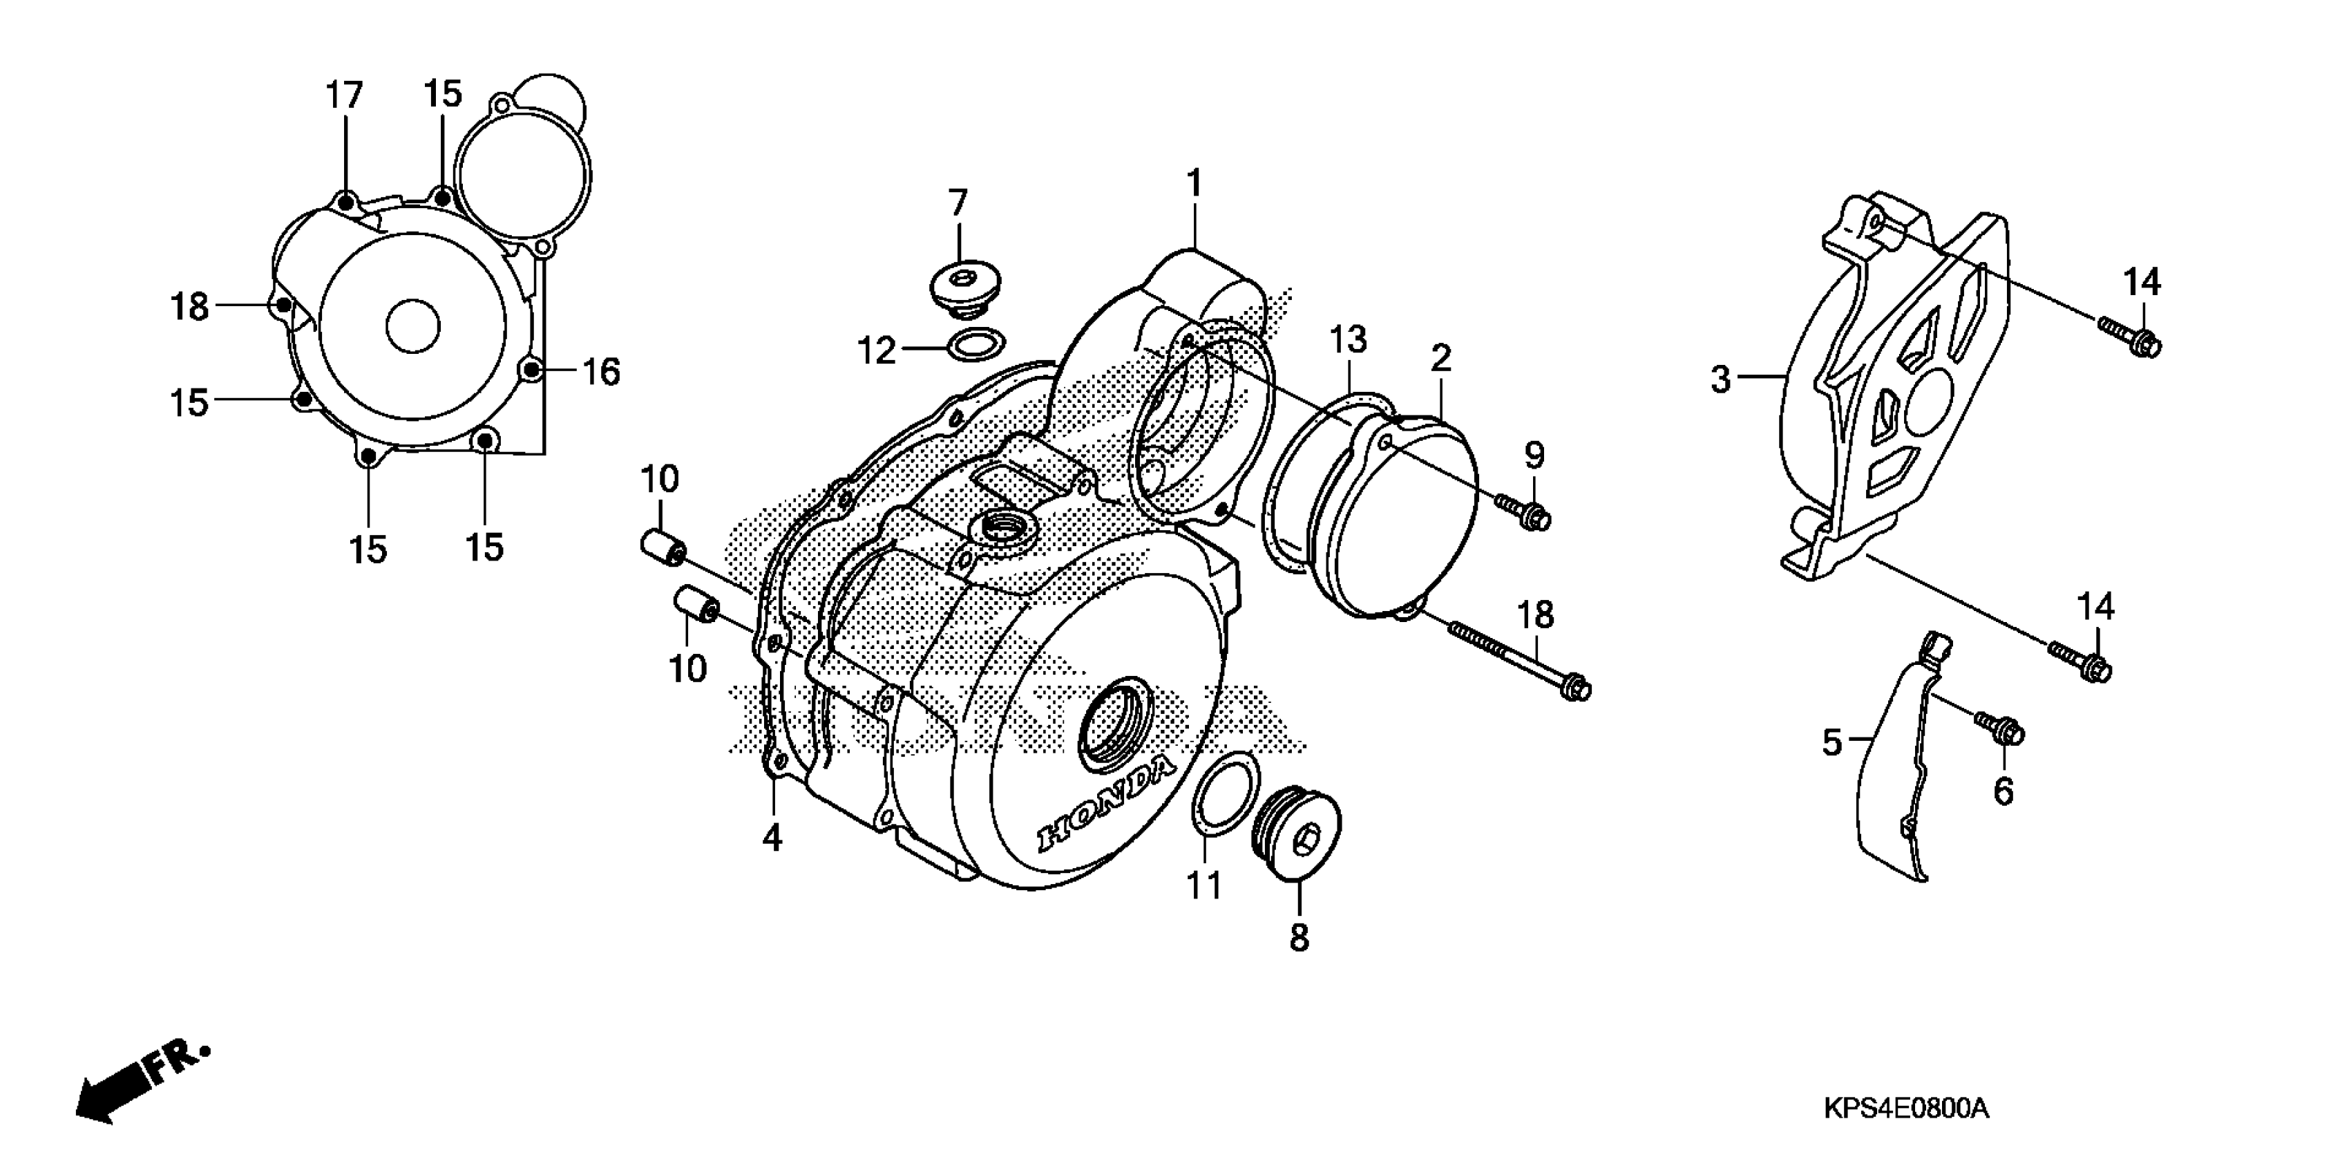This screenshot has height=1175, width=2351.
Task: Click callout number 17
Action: click(345, 94)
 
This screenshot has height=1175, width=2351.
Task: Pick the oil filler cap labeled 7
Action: click(964, 285)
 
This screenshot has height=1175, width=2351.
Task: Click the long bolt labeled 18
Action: click(1515, 658)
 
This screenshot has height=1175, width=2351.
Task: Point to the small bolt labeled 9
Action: click(1526, 513)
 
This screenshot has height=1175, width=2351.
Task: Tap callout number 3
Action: click(1720, 379)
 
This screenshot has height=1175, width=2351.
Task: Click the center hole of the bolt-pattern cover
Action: click(412, 326)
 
